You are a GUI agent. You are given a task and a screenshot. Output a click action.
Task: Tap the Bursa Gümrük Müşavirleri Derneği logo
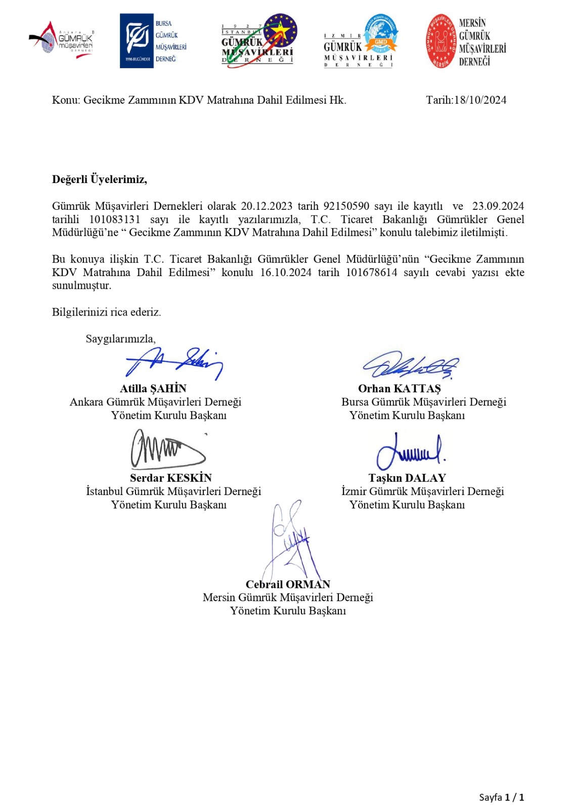tap(153, 41)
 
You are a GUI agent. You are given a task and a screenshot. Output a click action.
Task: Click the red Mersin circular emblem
tap(441, 41)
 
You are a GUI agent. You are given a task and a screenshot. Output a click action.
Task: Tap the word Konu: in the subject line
tap(66, 100)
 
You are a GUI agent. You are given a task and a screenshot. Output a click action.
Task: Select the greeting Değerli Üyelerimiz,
tap(99, 179)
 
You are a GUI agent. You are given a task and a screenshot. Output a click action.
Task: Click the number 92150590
tap(346, 206)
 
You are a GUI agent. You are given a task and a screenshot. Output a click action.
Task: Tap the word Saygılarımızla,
tap(120, 339)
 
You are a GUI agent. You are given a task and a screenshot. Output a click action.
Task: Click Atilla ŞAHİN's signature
tap(174, 363)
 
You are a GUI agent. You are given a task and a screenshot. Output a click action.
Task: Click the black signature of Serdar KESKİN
tap(167, 449)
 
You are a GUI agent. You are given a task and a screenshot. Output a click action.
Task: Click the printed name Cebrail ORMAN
tap(288, 585)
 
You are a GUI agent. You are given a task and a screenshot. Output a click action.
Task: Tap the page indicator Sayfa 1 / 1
tap(501, 797)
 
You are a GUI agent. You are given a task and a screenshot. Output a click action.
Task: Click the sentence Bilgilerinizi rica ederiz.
tap(106, 312)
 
